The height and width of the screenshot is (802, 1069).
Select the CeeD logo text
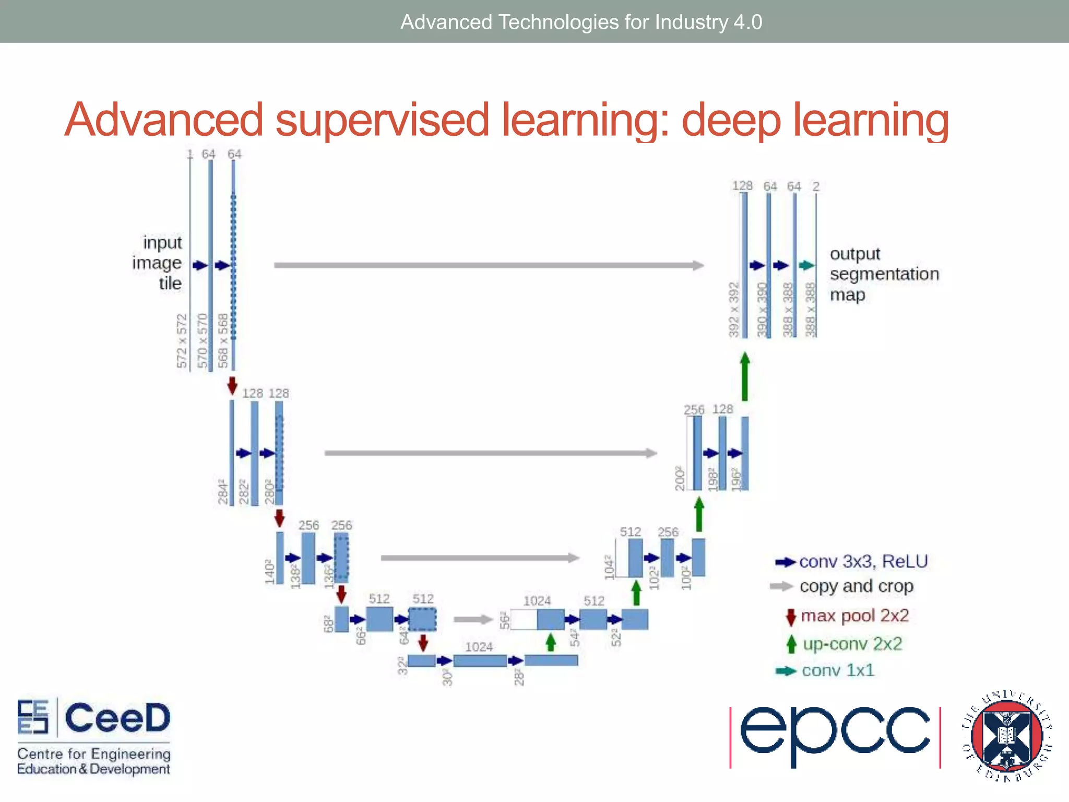tap(117, 718)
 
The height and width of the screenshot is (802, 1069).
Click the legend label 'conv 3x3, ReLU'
tap(863, 561)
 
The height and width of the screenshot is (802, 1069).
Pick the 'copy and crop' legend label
tap(856, 586)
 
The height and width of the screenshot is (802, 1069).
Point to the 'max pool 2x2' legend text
tap(854, 616)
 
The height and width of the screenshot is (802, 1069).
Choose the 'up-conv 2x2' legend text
tap(852, 644)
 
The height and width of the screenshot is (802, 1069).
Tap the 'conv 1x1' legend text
tap(837, 670)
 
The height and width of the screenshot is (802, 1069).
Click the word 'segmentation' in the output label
tap(884, 274)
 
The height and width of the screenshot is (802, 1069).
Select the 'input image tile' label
tap(157, 263)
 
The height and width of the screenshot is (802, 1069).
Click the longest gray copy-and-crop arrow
tap(488, 265)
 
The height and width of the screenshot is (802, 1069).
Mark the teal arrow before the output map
tap(806, 265)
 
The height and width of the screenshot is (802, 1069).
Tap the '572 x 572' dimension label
tap(182, 341)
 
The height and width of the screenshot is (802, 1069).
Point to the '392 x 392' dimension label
tap(734, 309)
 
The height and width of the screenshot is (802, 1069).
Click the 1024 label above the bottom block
tap(479, 647)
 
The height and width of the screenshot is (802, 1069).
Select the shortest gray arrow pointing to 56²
tap(473, 620)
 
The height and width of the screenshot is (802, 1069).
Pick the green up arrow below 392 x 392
tap(745, 376)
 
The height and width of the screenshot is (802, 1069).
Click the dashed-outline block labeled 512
tap(422, 620)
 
